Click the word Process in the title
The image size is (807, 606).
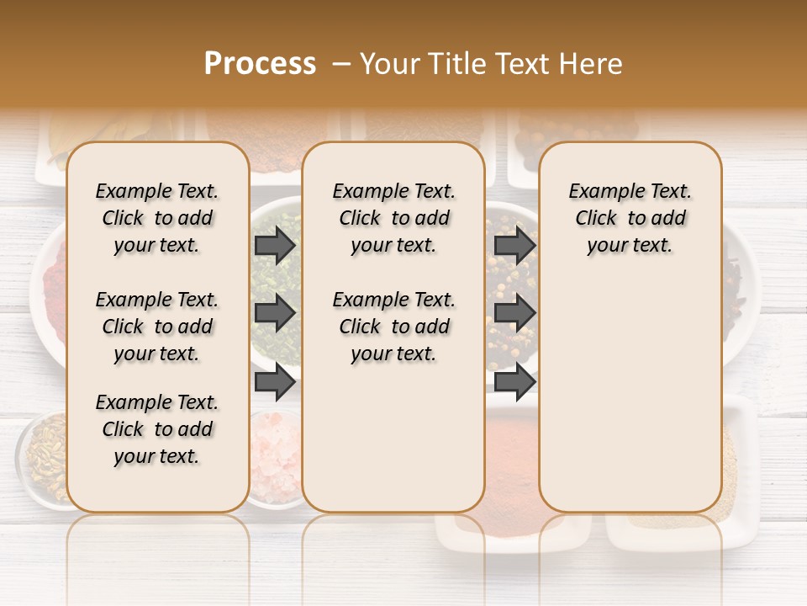(x=260, y=64)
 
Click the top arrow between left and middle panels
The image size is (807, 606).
(x=275, y=245)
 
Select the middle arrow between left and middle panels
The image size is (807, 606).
(x=275, y=313)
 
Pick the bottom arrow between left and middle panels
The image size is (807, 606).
(x=275, y=382)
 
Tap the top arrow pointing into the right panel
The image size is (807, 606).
(x=515, y=245)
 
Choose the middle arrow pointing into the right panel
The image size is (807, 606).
(x=515, y=313)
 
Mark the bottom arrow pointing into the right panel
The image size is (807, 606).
(x=515, y=382)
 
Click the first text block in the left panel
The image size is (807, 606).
(x=157, y=218)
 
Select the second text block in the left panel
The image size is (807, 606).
(x=157, y=327)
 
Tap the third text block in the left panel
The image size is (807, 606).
(x=157, y=429)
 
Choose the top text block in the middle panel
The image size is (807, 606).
(x=393, y=218)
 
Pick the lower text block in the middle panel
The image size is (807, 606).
(x=393, y=327)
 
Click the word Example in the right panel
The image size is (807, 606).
(x=600, y=192)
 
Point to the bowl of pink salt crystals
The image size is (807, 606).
(x=276, y=459)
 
